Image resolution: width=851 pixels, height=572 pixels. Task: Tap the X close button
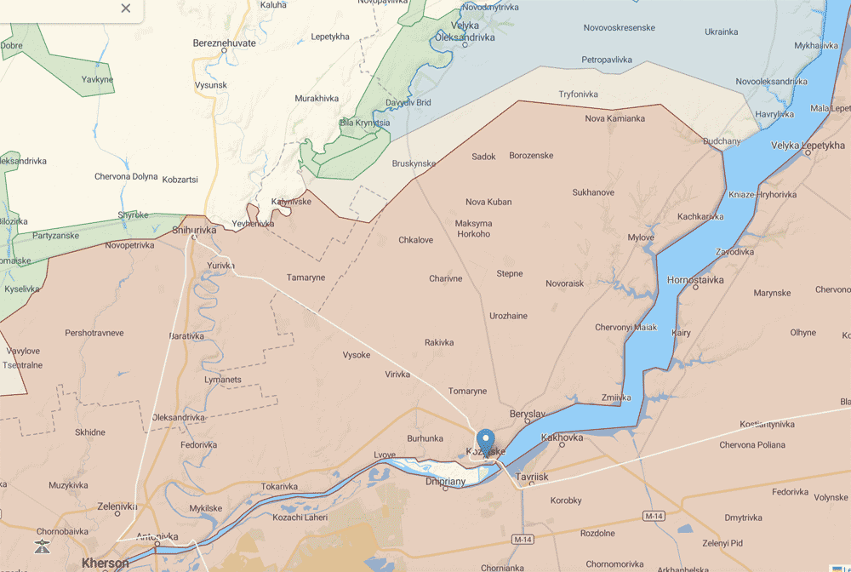click(126, 9)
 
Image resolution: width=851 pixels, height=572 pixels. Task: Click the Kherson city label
click(105, 563)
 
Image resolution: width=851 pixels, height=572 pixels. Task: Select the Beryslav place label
click(527, 414)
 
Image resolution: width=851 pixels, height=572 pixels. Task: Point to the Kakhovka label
click(562, 438)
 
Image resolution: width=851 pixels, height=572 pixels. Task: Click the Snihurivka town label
click(194, 230)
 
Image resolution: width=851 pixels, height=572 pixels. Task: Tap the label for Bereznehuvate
click(225, 42)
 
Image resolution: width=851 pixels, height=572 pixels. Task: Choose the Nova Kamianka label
click(614, 118)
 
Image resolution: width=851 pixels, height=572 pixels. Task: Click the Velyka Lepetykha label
click(808, 146)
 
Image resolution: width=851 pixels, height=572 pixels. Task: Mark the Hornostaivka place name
click(695, 279)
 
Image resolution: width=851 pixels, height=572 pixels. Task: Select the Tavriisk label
click(532, 478)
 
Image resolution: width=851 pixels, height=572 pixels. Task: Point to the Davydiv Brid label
click(408, 103)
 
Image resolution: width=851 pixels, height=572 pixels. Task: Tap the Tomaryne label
click(467, 391)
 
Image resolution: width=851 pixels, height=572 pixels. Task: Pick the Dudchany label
click(722, 141)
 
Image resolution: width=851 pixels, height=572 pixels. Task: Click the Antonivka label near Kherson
click(157, 536)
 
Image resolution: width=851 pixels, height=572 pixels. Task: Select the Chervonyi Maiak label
click(625, 327)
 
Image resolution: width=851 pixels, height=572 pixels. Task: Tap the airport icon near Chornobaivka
click(41, 546)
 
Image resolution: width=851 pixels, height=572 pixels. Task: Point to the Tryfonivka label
click(578, 94)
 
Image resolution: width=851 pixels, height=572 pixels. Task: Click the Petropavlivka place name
click(607, 60)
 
